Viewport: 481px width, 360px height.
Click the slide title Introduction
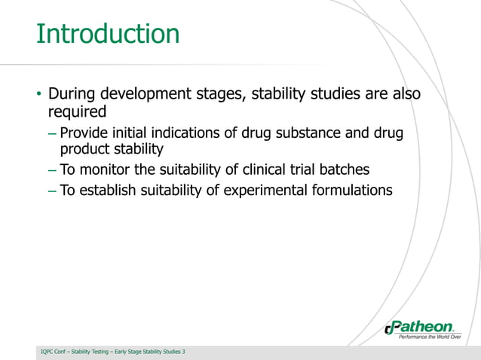[x=108, y=34]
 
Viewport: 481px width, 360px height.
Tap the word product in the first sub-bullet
[x=84, y=150]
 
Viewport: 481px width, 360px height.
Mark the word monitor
[x=104, y=169]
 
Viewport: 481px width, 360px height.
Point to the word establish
[x=106, y=190]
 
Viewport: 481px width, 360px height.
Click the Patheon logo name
[x=424, y=327]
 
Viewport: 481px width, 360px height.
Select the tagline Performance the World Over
[x=429, y=337]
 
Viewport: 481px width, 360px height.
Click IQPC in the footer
[x=49, y=352]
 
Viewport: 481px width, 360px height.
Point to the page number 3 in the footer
[x=183, y=352]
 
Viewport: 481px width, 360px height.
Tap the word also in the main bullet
[x=403, y=95]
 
